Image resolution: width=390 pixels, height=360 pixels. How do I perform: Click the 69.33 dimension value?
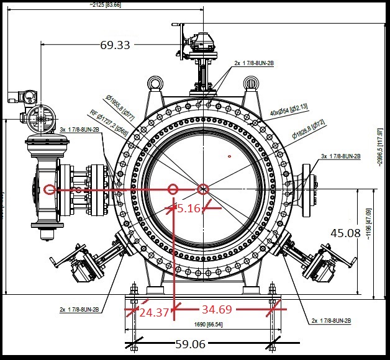115,45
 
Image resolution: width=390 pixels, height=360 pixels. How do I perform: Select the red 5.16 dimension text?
189,209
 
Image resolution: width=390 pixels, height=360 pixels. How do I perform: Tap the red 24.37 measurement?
154,312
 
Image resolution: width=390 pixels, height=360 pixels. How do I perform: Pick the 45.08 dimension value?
346,233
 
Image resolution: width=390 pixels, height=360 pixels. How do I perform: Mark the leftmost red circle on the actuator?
49,189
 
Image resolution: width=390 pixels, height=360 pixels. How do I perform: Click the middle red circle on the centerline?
173,189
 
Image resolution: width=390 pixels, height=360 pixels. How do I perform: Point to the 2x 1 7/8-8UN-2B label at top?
253,63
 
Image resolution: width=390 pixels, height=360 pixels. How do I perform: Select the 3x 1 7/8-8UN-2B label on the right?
341,156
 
